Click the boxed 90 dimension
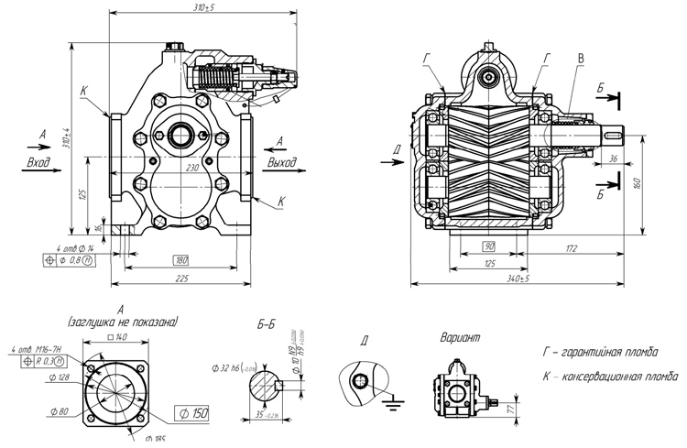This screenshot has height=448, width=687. click(x=490, y=247)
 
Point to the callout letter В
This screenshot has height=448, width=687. click(x=580, y=60)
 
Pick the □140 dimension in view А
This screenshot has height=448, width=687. click(x=117, y=337)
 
